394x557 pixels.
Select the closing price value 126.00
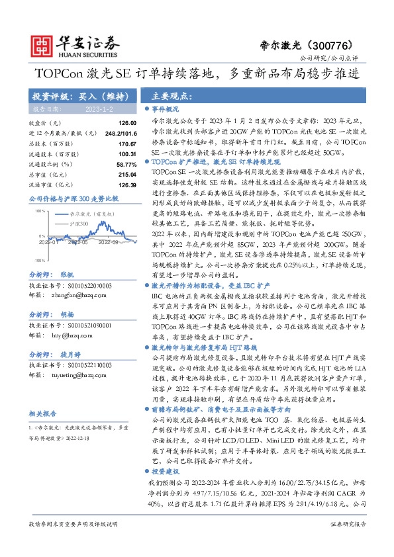tap(126, 123)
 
